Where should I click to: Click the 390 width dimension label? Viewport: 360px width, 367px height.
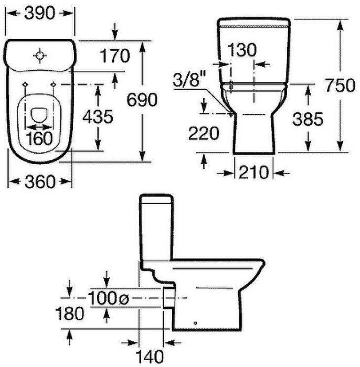39,13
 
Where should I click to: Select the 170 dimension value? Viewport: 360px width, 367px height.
115,56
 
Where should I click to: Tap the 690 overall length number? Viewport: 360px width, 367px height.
142,100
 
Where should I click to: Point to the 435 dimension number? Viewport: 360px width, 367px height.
98,116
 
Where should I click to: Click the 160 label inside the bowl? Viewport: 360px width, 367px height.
39,138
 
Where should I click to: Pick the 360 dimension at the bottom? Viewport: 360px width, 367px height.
40,181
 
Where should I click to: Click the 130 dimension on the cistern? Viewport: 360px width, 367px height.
242,50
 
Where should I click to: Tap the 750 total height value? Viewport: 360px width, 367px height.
340,85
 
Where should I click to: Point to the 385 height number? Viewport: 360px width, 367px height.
308,118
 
